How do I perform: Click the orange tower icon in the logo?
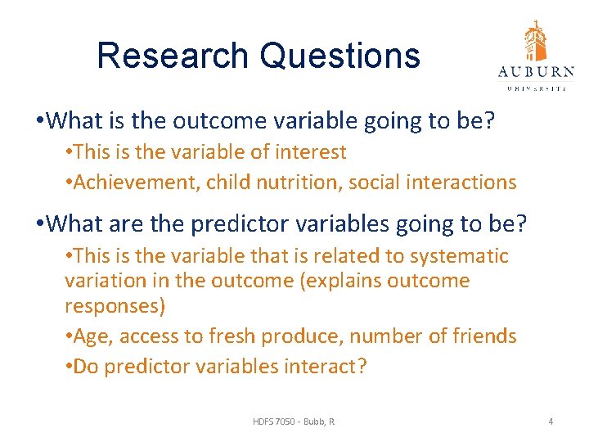click(536, 40)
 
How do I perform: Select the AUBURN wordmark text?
click(536, 72)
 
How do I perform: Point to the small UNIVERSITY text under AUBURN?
click(536, 87)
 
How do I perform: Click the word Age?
click(91, 336)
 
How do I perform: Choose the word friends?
click(483, 336)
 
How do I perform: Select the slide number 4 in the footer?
click(551, 421)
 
